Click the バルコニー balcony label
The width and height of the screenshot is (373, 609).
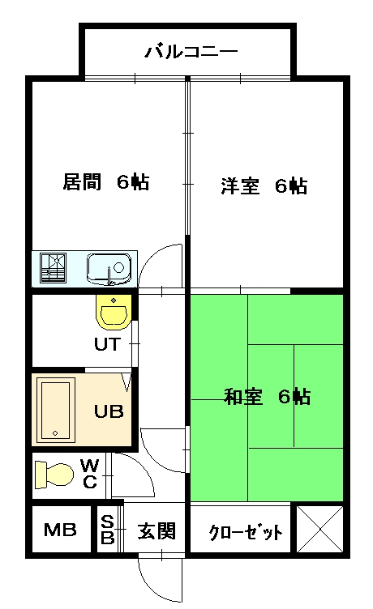191,52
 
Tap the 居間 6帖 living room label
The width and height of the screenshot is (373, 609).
105,181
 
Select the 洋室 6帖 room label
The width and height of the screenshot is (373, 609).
264,185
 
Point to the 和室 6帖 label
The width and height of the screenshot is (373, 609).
268,397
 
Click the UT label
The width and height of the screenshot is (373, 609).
107,344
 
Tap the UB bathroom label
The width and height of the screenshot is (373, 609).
109,411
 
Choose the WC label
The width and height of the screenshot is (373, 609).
89,474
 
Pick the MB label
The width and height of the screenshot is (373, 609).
60,530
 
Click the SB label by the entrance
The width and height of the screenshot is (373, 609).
107,530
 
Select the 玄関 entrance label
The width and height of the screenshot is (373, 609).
156,530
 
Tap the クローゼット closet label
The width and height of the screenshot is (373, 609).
246,533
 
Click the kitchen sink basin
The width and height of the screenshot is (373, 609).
109,269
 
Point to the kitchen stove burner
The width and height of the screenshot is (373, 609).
54,268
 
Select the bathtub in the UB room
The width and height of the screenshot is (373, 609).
55,410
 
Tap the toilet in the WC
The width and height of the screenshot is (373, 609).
54,474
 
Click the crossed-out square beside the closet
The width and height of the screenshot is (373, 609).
319,528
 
